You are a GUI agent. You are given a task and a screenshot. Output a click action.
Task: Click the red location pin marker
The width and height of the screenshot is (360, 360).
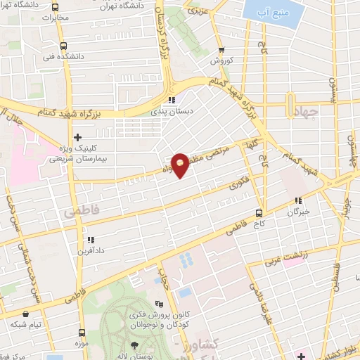point(180,165)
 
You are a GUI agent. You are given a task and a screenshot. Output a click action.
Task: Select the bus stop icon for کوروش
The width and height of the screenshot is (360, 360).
point(222,50)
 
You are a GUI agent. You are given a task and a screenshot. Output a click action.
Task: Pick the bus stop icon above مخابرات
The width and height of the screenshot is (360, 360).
point(56,8)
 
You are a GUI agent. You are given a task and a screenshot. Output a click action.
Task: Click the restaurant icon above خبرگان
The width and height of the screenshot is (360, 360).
point(299,200)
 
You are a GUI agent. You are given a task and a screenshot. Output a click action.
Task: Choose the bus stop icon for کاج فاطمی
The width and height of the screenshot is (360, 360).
point(259,212)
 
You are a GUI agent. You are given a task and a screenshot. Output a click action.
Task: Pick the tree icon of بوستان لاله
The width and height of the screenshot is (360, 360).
point(134,345)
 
